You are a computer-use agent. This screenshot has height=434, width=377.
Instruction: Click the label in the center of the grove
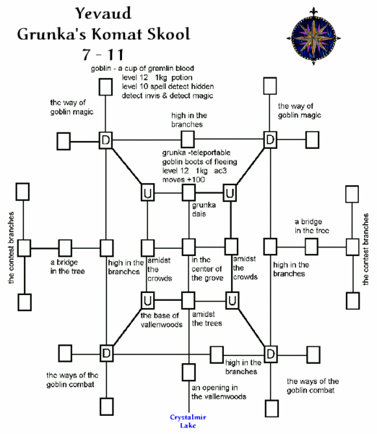coord(208,268)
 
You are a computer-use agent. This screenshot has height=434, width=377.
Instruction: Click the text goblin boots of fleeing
coord(202,161)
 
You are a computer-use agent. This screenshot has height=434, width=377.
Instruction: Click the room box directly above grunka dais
coord(189,193)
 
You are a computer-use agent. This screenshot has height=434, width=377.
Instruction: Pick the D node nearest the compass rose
coord(269,138)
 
